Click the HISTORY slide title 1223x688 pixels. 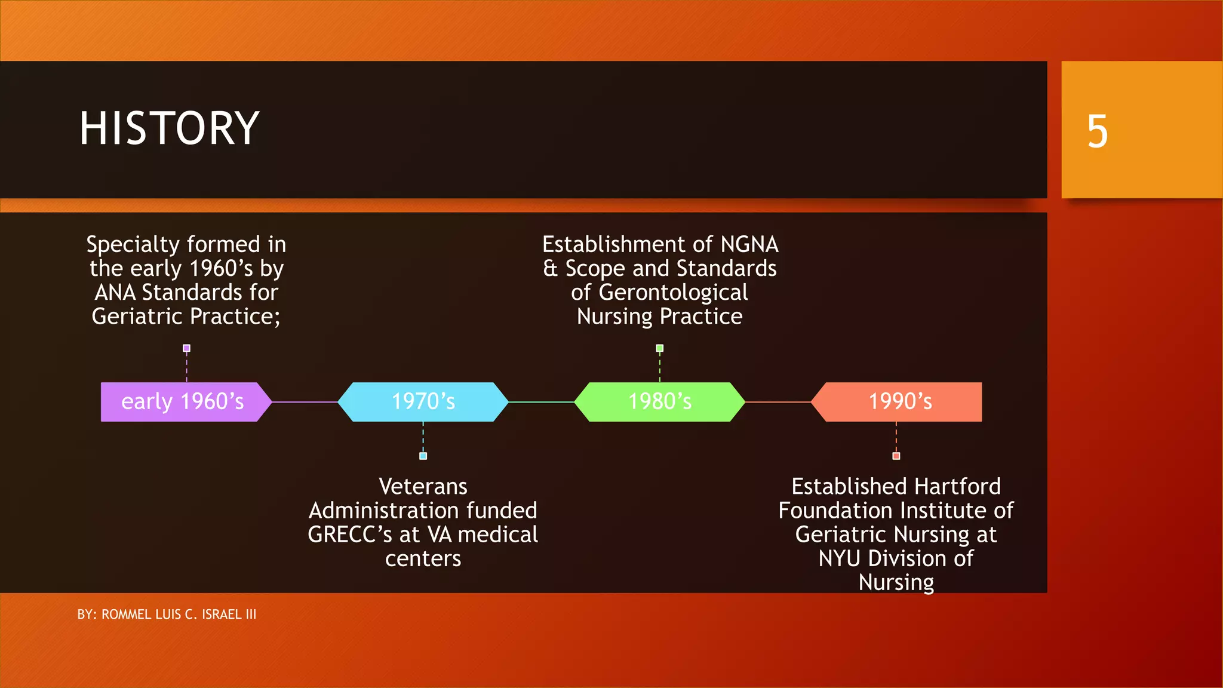169,128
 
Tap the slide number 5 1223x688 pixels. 1097,131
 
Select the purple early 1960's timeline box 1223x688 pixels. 183,402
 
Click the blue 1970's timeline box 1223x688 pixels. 423,402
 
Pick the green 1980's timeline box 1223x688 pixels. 659,402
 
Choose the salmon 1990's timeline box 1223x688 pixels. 899,402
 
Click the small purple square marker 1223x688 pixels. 186,348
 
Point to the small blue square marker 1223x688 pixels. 423,456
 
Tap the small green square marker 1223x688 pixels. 659,348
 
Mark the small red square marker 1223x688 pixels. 896,456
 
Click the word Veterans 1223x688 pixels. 423,487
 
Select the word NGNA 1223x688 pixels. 749,245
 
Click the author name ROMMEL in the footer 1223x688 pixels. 126,615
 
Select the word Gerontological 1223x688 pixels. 672,293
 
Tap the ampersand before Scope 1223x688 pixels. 550,269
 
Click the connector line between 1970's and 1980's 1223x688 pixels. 541,402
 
